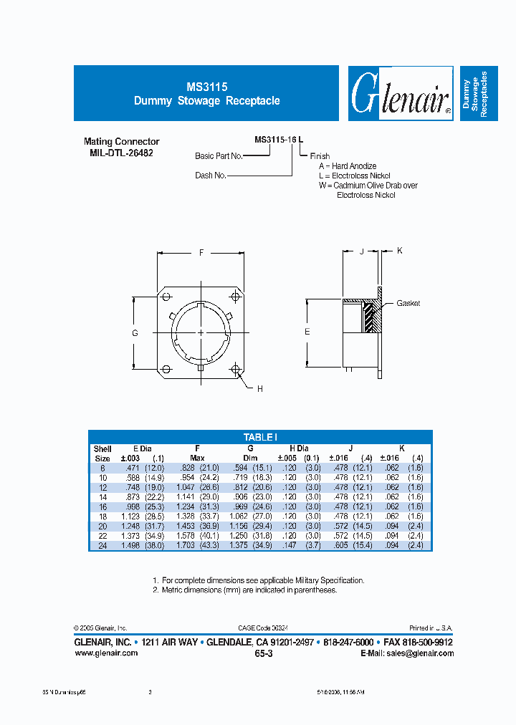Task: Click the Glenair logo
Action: tap(401, 95)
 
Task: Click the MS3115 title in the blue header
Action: tap(206, 85)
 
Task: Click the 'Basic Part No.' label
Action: tap(219, 155)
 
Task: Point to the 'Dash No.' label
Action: tap(211, 175)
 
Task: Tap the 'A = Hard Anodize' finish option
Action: tap(348, 166)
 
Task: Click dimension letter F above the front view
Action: tap(201, 252)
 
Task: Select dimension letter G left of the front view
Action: tap(135, 333)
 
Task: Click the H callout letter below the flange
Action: tap(259, 388)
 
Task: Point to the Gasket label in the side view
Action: tap(408, 303)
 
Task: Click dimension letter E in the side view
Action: tap(307, 332)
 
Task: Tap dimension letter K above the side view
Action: tap(400, 250)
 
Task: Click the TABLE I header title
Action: tap(260, 437)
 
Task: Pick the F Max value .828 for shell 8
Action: tap(186, 467)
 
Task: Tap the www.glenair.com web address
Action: tap(106, 653)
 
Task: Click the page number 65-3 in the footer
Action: tap(263, 654)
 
